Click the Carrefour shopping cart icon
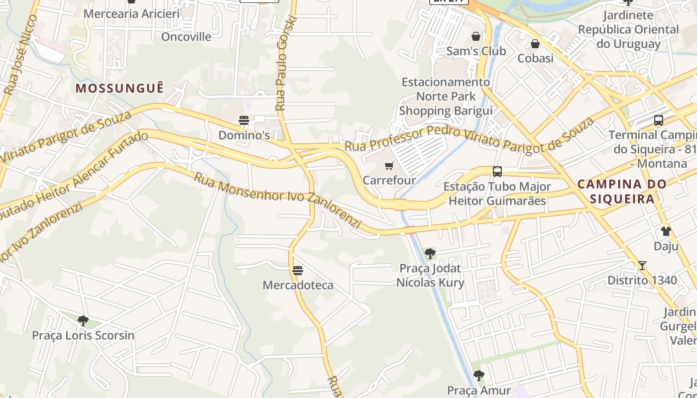click(389, 166)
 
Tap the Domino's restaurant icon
click(243, 120)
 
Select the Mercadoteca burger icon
click(298, 271)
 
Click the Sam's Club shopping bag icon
click(476, 37)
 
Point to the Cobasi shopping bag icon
click(535, 44)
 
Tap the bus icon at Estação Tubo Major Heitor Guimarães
click(497, 172)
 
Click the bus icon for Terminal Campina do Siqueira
click(659, 120)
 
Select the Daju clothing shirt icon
click(666, 231)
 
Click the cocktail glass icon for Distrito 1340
click(642, 266)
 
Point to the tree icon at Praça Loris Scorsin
click(83, 321)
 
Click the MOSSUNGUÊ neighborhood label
click(119, 89)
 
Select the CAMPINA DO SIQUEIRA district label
click(622, 192)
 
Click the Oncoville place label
click(186, 37)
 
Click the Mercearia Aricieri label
click(131, 13)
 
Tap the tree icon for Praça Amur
click(479, 375)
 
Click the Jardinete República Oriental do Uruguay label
click(628, 29)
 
